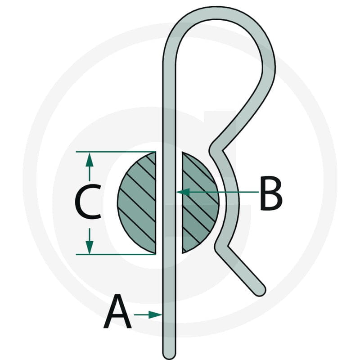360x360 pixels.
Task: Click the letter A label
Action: coord(117,311)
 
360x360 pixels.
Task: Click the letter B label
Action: coord(271,193)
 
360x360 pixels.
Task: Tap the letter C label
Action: coord(88,201)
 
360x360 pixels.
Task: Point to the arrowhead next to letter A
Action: coord(155,315)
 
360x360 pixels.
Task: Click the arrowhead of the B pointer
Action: coord(183,192)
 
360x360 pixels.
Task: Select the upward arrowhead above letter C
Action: coord(90,159)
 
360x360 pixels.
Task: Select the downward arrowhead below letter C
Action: coord(90,247)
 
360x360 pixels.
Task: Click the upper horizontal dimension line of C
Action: coord(116,152)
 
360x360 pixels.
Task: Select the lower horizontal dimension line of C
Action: coord(116,254)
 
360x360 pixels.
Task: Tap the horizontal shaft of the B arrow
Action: coord(224,192)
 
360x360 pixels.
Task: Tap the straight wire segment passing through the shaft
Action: coord(169,203)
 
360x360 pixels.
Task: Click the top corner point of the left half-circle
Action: coord(156,152)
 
